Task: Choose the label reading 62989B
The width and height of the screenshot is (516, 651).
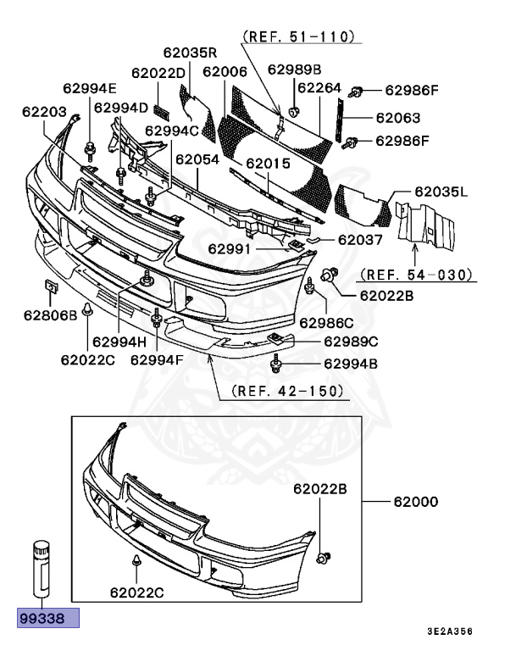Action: click(295, 70)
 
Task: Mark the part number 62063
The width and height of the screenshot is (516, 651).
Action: click(397, 118)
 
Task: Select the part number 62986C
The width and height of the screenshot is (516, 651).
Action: click(325, 322)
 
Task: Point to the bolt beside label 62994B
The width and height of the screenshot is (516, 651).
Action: click(276, 365)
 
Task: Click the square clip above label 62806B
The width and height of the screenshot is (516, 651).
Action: click(49, 287)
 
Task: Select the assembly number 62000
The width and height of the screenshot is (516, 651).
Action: click(415, 502)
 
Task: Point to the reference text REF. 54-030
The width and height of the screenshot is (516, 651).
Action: click(415, 275)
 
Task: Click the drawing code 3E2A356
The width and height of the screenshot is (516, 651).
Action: click(449, 632)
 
